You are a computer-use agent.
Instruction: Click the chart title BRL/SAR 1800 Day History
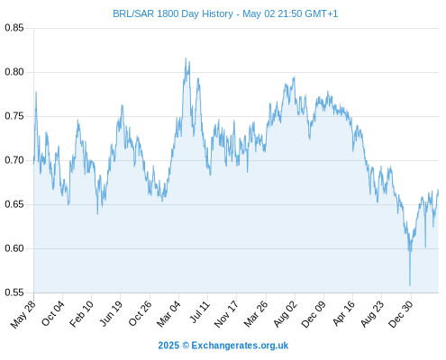[x=173, y=13]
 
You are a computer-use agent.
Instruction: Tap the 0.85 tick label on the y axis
[x=14, y=28]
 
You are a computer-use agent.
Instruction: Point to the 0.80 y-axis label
[x=14, y=72]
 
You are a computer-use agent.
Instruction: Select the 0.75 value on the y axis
[x=14, y=116]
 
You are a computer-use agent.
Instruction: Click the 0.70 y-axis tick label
[x=14, y=160]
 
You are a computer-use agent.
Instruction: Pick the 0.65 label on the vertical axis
[x=14, y=204]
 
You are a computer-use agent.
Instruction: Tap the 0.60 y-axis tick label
[x=14, y=248]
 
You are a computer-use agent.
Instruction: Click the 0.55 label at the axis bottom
[x=14, y=292]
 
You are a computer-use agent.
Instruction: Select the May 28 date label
[x=23, y=314]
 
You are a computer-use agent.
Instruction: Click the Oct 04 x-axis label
[x=53, y=313]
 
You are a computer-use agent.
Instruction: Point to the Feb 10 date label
[x=81, y=314]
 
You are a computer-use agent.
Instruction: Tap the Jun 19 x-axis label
[x=111, y=313]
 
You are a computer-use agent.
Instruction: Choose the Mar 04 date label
[x=168, y=314]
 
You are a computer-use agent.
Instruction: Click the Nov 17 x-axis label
[x=226, y=314]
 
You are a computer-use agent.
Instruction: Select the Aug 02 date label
[x=285, y=314]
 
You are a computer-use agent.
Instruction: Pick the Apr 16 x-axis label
[x=343, y=313]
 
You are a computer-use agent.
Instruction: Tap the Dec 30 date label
[x=401, y=314]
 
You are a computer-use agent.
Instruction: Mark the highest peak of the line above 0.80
[x=186, y=58]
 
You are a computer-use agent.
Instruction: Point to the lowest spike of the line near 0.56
[x=410, y=285]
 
